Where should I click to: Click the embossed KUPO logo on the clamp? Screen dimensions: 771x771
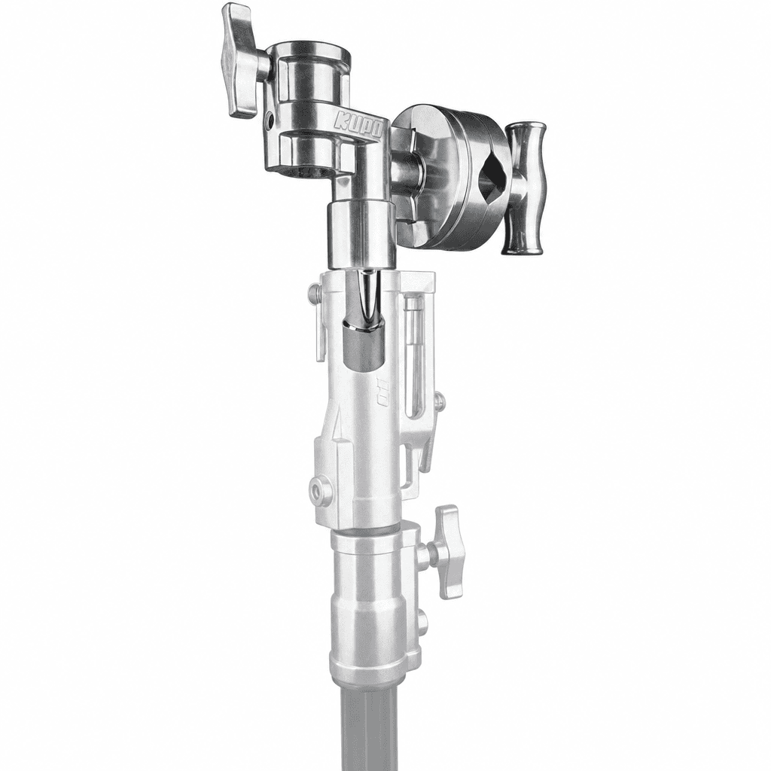pos(359,126)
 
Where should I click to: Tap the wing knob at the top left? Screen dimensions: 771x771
pos(241,60)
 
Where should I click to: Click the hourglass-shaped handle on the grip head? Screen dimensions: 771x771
pos(524,188)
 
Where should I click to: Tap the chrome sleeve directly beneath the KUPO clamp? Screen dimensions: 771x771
pos(361,235)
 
